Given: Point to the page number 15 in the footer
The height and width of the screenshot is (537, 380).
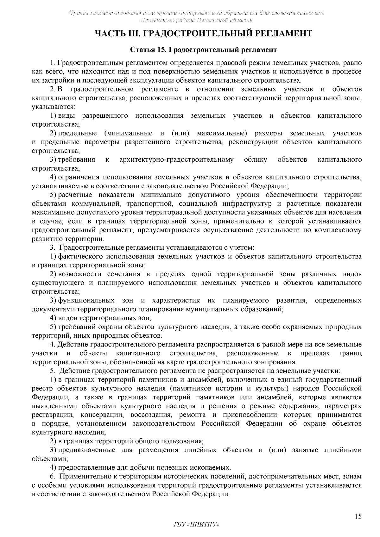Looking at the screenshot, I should (358, 517).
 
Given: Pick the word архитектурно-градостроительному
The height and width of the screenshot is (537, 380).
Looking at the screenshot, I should (176, 159).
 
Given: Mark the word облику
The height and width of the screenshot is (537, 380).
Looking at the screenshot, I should (256, 159).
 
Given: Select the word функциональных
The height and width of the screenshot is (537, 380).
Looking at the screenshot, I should (86, 300).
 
